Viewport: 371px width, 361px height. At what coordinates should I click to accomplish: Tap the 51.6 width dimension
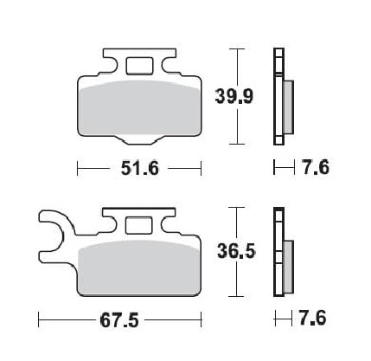[138, 168]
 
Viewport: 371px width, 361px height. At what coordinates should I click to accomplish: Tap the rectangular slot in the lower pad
[138, 226]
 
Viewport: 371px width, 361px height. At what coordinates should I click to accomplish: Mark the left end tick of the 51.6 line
[78, 168]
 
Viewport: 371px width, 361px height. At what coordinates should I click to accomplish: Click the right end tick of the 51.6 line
[200, 168]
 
